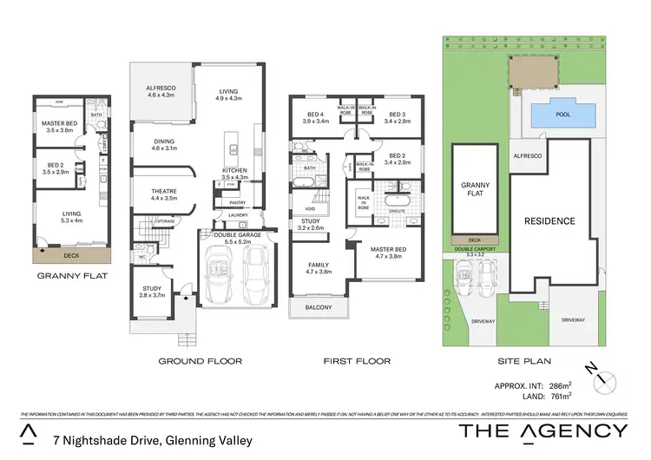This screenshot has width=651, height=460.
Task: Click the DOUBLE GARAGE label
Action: click(228, 237)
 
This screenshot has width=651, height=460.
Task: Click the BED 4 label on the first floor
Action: click(316, 118)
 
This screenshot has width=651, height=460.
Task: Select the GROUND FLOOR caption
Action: click(200, 360)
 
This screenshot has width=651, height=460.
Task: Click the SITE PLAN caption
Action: click(524, 360)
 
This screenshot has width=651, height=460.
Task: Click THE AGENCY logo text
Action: click(542, 430)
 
